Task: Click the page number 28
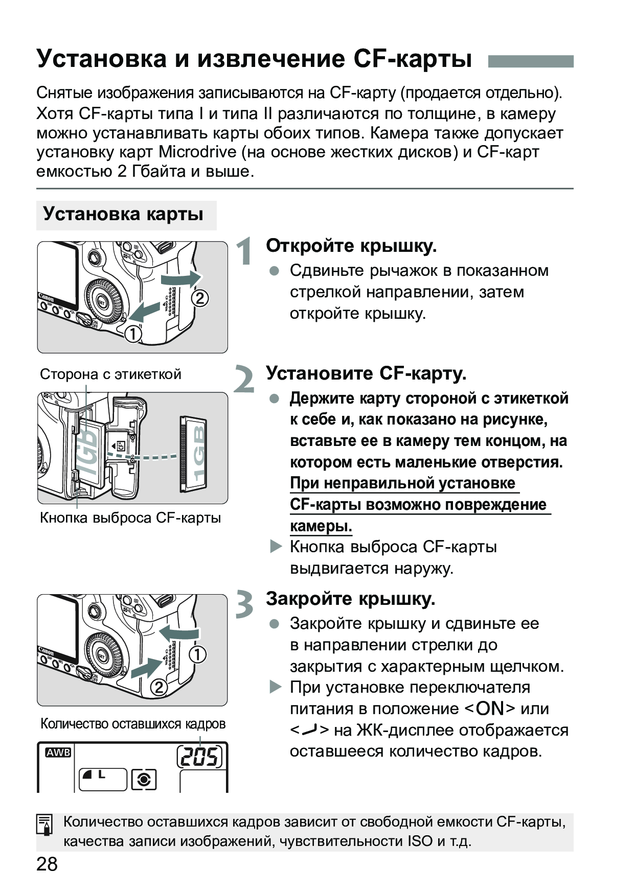47,864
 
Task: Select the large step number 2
244,380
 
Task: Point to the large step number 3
245,604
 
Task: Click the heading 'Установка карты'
123,214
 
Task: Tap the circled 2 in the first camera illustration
200,298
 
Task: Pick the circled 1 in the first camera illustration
133,334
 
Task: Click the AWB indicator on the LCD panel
58,752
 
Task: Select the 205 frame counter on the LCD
200,757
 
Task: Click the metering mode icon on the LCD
144,780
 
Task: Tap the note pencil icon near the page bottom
45,825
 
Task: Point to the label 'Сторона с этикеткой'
110,374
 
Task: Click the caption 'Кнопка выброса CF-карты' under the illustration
130,518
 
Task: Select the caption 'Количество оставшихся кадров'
132,724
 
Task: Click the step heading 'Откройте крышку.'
351,246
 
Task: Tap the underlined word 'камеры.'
321,526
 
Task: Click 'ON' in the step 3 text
490,709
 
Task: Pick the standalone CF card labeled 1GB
194,455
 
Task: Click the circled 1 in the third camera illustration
198,654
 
